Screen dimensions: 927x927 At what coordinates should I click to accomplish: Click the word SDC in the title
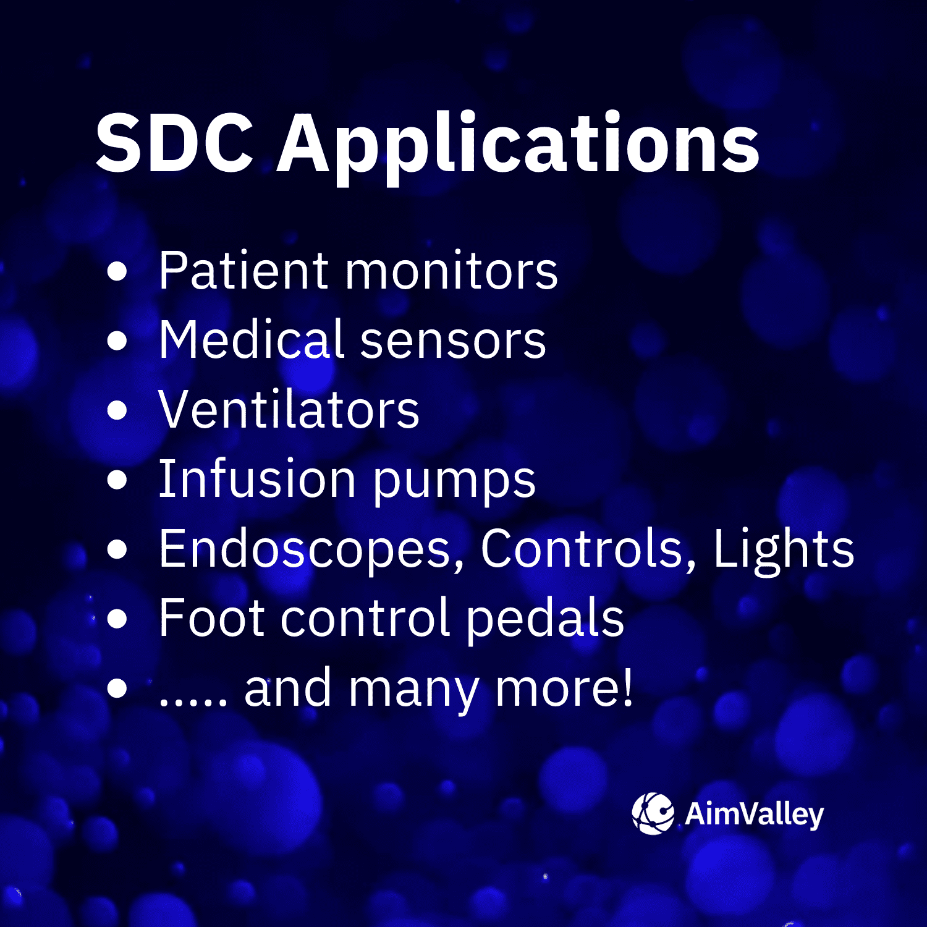tap(174, 144)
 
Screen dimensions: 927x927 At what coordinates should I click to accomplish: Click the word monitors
tap(452, 272)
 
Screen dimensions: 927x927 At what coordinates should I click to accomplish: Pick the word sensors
tap(453, 342)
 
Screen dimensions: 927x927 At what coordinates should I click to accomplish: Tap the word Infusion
tap(257, 479)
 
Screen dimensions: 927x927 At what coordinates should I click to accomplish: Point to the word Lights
tap(784, 549)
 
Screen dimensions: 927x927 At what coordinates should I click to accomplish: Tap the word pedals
tap(544, 619)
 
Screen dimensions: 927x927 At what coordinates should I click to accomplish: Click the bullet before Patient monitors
tap(117, 271)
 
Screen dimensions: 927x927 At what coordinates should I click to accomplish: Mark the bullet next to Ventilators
tap(117, 410)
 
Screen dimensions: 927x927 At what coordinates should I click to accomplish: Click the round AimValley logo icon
tap(653, 813)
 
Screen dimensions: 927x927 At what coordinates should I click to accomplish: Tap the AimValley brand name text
tap(754, 815)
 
